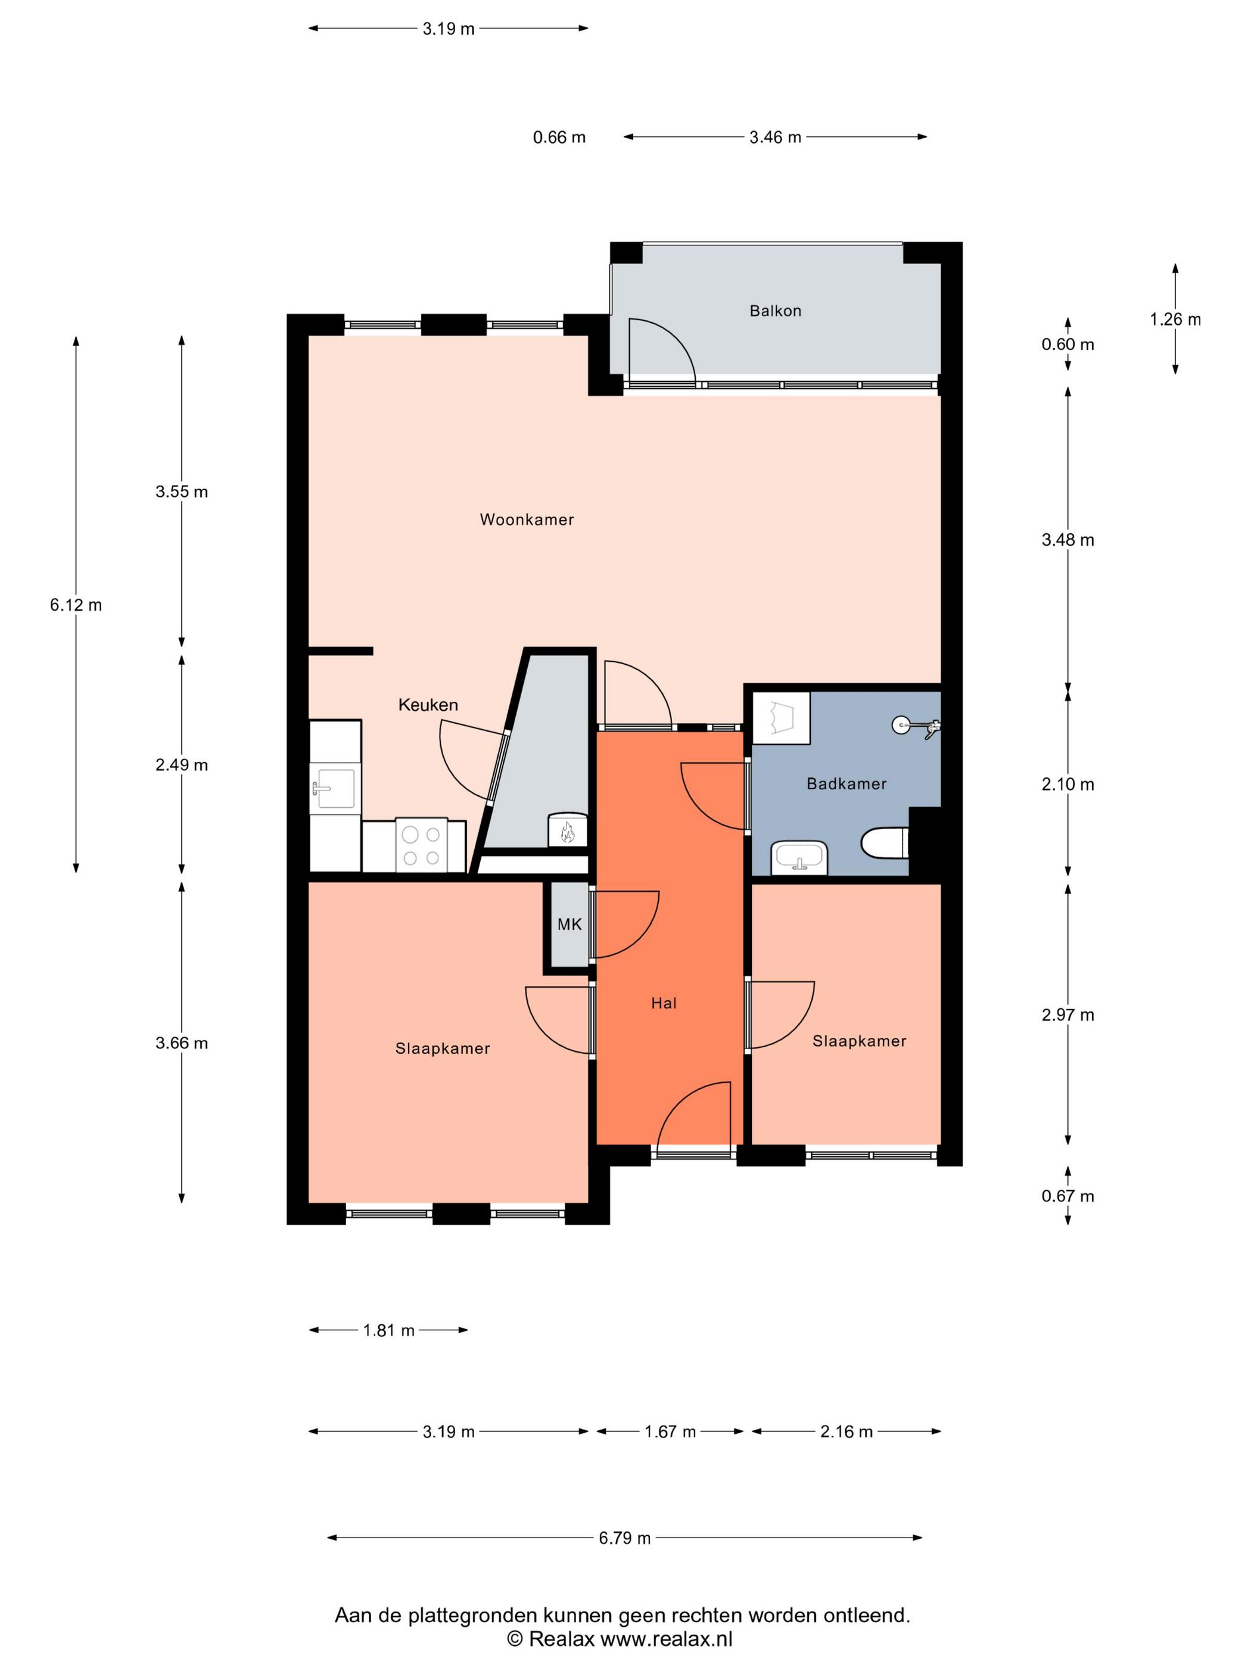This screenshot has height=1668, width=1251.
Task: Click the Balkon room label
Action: tap(774, 311)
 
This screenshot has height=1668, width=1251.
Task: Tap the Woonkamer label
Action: tap(527, 519)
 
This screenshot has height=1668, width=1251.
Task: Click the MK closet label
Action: tap(570, 924)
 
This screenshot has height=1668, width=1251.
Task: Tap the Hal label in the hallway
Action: tap(664, 1003)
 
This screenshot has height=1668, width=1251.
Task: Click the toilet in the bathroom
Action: tap(885, 843)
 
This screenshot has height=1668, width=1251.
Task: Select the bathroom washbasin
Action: tap(799, 857)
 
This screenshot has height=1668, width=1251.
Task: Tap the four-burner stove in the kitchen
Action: tap(421, 845)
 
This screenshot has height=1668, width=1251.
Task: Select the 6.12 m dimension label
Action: tap(76, 605)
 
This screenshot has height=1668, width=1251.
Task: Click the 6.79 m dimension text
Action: tap(624, 1538)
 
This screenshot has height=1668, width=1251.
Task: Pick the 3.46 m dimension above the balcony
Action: tap(775, 137)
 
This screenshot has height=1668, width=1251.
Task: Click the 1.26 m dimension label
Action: tap(1175, 320)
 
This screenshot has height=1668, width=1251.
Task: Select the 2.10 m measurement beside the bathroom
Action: tap(1068, 784)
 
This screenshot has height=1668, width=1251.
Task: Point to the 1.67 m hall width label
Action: tap(670, 1432)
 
